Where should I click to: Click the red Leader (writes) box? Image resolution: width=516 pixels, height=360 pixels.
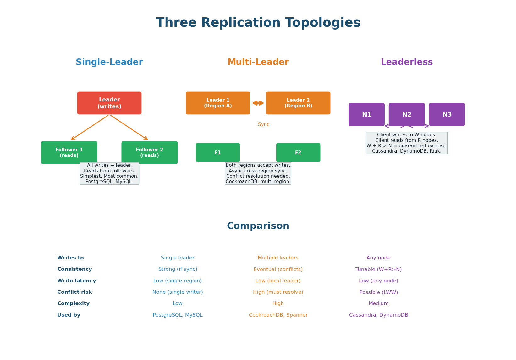click(x=109, y=103)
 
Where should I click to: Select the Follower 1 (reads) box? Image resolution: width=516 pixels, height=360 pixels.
click(x=69, y=152)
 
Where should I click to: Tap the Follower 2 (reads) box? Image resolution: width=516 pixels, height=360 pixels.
click(x=150, y=152)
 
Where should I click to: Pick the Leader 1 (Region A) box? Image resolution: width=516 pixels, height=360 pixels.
click(x=218, y=103)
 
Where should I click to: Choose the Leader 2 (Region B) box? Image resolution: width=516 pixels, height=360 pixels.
click(x=298, y=103)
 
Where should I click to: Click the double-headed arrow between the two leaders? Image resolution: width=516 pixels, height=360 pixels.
click(x=258, y=103)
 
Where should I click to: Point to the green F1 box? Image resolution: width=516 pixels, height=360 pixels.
click(x=218, y=153)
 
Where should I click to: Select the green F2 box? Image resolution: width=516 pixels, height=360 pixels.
click(x=298, y=153)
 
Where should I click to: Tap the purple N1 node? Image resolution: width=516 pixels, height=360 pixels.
click(x=366, y=114)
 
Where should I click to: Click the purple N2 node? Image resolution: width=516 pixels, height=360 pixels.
click(x=407, y=114)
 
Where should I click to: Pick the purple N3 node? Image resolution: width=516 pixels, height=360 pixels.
click(x=447, y=114)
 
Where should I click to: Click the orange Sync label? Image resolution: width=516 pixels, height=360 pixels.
click(x=264, y=124)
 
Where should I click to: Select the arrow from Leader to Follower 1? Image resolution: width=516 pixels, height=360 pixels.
click(x=90, y=128)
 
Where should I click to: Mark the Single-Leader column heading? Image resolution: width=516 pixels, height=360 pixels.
click(x=109, y=62)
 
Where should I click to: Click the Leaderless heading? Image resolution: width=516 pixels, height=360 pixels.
click(x=407, y=62)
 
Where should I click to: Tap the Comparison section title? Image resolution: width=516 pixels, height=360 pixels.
click(x=258, y=226)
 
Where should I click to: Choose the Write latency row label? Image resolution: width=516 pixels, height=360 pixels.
click(x=76, y=281)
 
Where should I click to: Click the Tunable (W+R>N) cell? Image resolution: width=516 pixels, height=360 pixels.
click(x=378, y=270)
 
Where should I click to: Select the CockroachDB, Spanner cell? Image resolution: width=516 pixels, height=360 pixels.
click(x=278, y=315)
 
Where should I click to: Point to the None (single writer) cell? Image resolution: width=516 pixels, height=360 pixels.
click(x=178, y=292)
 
